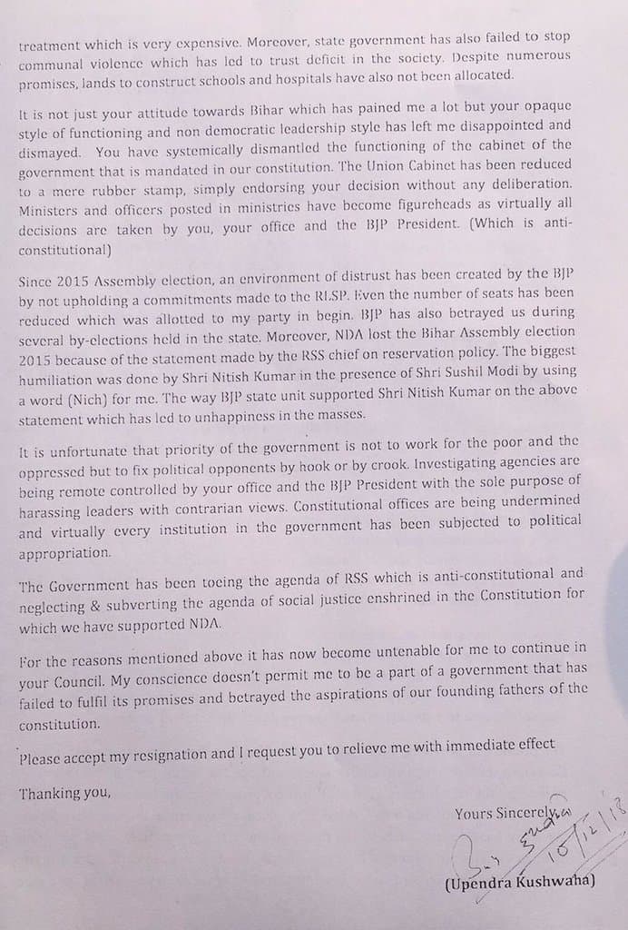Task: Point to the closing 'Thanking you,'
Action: [64, 793]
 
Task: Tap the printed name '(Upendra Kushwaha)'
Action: [520, 880]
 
